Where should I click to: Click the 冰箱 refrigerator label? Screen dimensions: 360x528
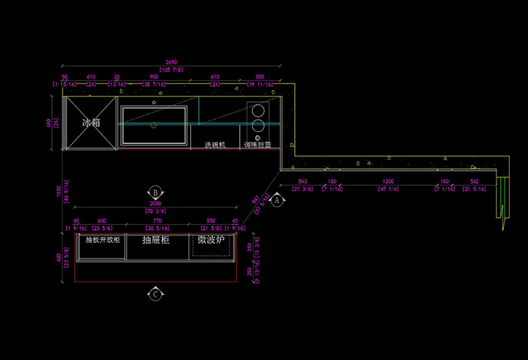(91, 122)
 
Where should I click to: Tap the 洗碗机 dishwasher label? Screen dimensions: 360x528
(214, 144)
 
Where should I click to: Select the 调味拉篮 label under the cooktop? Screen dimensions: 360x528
(257, 144)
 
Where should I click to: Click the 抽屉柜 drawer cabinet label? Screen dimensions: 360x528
(155, 240)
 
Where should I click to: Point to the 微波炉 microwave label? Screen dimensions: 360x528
(212, 239)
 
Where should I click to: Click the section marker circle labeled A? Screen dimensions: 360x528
(276, 201)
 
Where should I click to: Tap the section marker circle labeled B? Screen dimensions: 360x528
(155, 192)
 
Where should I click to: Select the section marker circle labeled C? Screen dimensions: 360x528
(155, 294)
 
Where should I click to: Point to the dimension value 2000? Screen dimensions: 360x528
(155, 205)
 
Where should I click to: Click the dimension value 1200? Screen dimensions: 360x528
(388, 182)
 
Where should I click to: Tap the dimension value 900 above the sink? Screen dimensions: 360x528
(155, 77)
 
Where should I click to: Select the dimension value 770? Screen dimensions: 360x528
(158, 221)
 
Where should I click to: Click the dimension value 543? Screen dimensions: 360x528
(302, 182)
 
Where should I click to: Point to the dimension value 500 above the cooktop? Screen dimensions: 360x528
(260, 77)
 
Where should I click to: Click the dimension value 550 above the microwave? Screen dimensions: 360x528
(210, 221)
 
